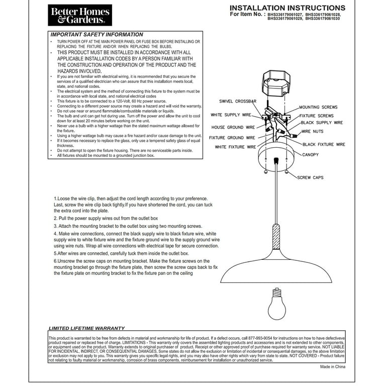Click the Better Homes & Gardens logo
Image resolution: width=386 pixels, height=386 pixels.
pyautogui.click(x=79, y=15)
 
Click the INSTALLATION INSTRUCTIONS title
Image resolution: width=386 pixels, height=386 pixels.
pyautogui.click(x=287, y=8)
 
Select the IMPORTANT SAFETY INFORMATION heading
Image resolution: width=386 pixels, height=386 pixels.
pyautogui.click(x=96, y=35)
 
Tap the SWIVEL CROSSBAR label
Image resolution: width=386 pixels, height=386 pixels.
pyautogui.click(x=238, y=101)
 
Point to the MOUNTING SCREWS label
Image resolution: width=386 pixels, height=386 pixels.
pyautogui.click(x=318, y=107)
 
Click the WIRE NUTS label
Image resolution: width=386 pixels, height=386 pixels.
pyautogui.click(x=313, y=131)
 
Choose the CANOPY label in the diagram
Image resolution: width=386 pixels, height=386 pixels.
pyautogui.click(x=310, y=155)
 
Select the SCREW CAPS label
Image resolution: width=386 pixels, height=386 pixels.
pyautogui.click(x=311, y=177)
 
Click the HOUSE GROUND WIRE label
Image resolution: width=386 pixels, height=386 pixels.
pyautogui.click(x=233, y=128)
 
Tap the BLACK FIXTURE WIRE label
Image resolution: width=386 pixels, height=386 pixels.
pyautogui.click(x=324, y=144)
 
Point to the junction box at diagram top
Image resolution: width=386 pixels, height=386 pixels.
pyautogui.click(x=274, y=84)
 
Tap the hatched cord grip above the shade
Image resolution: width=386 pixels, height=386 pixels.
pyautogui.click(x=276, y=236)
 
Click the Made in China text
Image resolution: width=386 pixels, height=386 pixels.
pyautogui.click(x=333, y=367)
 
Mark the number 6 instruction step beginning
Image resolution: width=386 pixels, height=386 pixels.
pyautogui.click(x=56, y=261)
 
